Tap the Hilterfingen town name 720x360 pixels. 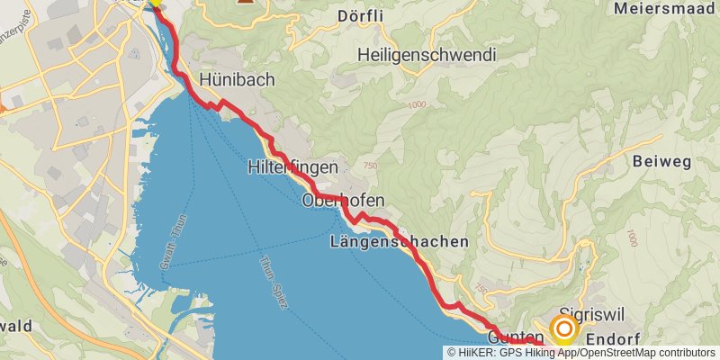pyautogui.click(x=292, y=167)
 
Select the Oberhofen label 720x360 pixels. pyautogui.click(x=344, y=200)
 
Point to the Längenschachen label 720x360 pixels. pyautogui.click(x=400, y=241)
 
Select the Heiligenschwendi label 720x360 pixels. pyautogui.click(x=427, y=55)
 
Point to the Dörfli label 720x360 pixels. pyautogui.click(x=385, y=15)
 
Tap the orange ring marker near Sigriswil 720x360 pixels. pyautogui.click(x=564, y=330)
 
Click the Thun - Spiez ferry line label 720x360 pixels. pyautogui.click(x=273, y=283)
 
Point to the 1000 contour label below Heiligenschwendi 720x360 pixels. pyautogui.click(x=416, y=105)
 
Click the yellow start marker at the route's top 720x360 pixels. pyautogui.click(x=156, y=3)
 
